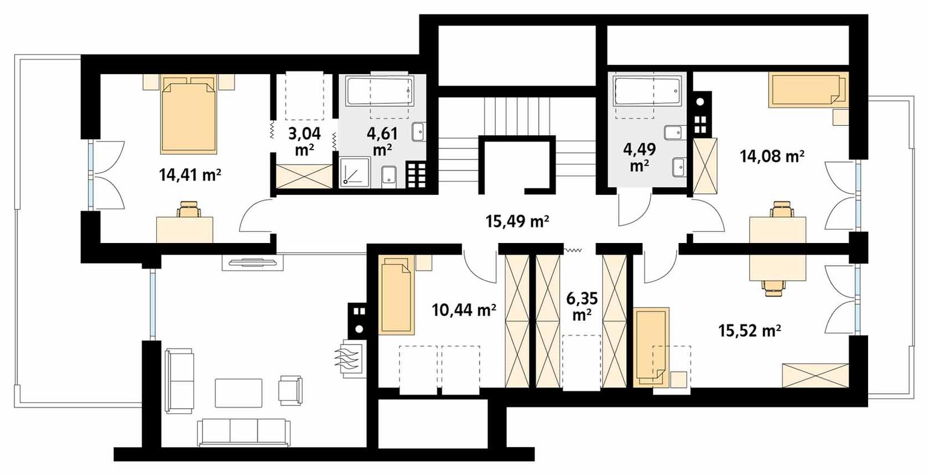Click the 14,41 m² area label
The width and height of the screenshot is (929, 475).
click(190, 175)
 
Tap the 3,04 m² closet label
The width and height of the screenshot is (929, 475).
click(304, 142)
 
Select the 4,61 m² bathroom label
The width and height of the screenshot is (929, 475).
click(382, 142)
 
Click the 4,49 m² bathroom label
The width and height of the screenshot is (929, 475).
click(639, 157)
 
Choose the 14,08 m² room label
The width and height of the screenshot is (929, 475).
click(772, 155)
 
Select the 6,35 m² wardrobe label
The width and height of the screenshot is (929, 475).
click(581, 306)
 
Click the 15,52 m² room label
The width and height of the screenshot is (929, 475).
click(749, 331)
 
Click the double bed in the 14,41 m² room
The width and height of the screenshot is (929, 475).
click(189, 116)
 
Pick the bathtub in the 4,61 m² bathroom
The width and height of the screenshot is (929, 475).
click(380, 92)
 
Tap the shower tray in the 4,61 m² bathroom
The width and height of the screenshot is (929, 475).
click(354, 172)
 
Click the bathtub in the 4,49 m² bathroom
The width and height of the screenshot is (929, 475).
click(647, 92)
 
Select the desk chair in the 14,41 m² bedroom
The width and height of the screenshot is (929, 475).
click(189, 209)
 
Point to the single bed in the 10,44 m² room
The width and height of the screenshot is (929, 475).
click(397, 296)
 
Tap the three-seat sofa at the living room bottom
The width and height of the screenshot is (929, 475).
click(243, 432)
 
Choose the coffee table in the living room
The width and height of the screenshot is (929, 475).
click(238, 393)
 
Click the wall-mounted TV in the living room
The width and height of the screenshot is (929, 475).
click(252, 263)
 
